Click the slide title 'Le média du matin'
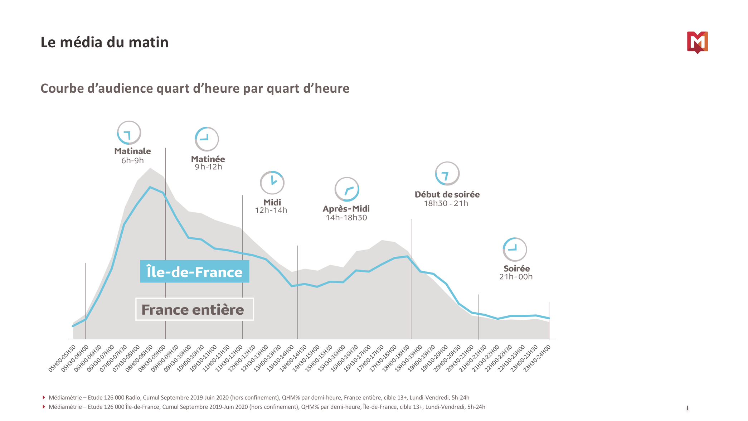(x=105, y=42)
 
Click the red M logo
(x=697, y=42)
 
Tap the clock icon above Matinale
(x=129, y=133)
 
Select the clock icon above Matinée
(x=207, y=139)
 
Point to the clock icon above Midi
(x=272, y=183)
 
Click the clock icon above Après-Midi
(x=347, y=189)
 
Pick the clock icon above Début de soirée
(x=447, y=174)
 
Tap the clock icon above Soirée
(x=515, y=249)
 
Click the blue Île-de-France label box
(x=194, y=271)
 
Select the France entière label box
(x=194, y=309)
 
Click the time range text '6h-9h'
(x=132, y=160)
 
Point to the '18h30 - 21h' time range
(x=446, y=203)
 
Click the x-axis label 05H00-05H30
(x=62, y=358)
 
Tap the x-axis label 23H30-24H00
(x=537, y=358)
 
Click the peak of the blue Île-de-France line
(x=150, y=187)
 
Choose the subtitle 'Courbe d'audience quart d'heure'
(x=195, y=88)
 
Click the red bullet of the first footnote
(x=44, y=397)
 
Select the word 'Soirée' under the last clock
(x=516, y=268)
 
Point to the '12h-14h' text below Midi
(x=271, y=210)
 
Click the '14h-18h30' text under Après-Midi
(x=346, y=218)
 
